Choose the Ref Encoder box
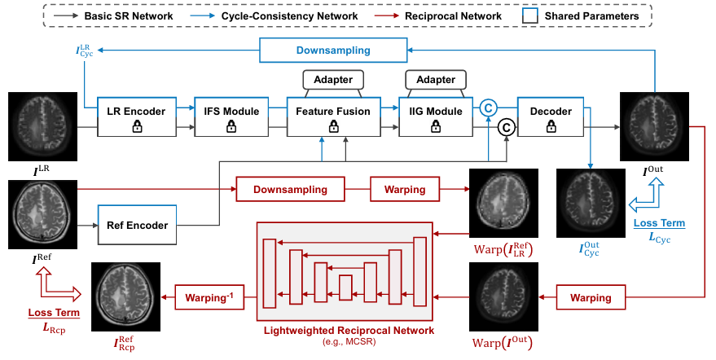tap(138, 226)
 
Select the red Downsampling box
tap(290, 190)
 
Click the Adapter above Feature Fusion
tap(333, 79)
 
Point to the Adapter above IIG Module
tap(436, 79)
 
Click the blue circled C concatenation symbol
tap(488, 107)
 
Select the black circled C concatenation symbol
tap(506, 126)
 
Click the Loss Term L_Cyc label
tap(660, 229)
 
